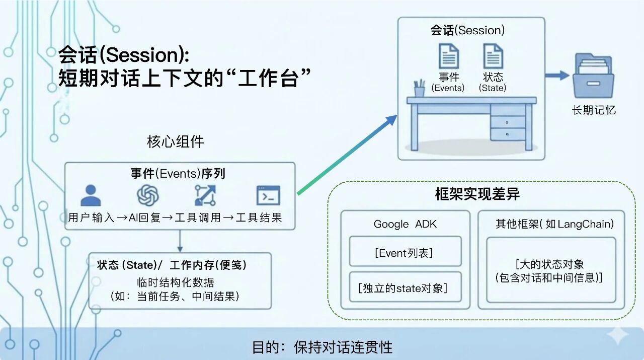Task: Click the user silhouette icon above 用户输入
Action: click(91, 195)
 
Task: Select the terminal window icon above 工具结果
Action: click(268, 195)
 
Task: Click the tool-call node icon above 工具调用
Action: click(205, 195)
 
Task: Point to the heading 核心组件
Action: click(176, 142)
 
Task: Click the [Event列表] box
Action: click(405, 252)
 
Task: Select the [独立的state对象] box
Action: click(405, 287)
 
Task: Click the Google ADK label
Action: click(405, 224)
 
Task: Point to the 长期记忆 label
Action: click(594, 110)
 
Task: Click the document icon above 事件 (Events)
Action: click(448, 56)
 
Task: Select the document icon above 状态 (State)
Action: click(493, 56)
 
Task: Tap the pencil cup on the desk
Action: click(419, 89)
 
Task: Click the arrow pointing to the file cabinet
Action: click(557, 76)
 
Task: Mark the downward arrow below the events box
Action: click(180, 241)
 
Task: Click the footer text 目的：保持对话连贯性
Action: click(322, 347)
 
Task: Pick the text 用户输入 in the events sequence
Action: click(91, 218)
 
